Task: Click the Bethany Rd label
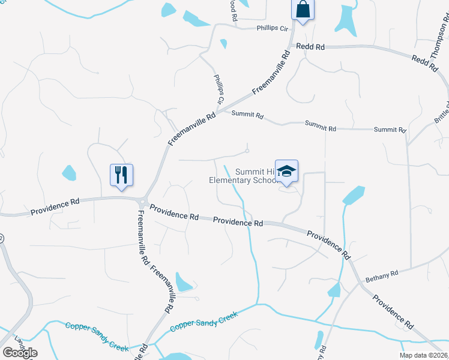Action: (382, 276)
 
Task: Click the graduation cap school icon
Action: (286, 171)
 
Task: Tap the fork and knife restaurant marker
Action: (121, 175)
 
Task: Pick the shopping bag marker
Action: (303, 10)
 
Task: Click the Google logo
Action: (20, 353)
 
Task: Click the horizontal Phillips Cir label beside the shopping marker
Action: (273, 28)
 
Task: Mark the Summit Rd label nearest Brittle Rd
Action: (390, 130)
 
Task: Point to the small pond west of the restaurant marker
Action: (69, 173)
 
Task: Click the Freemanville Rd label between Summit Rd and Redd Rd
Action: (271, 73)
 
